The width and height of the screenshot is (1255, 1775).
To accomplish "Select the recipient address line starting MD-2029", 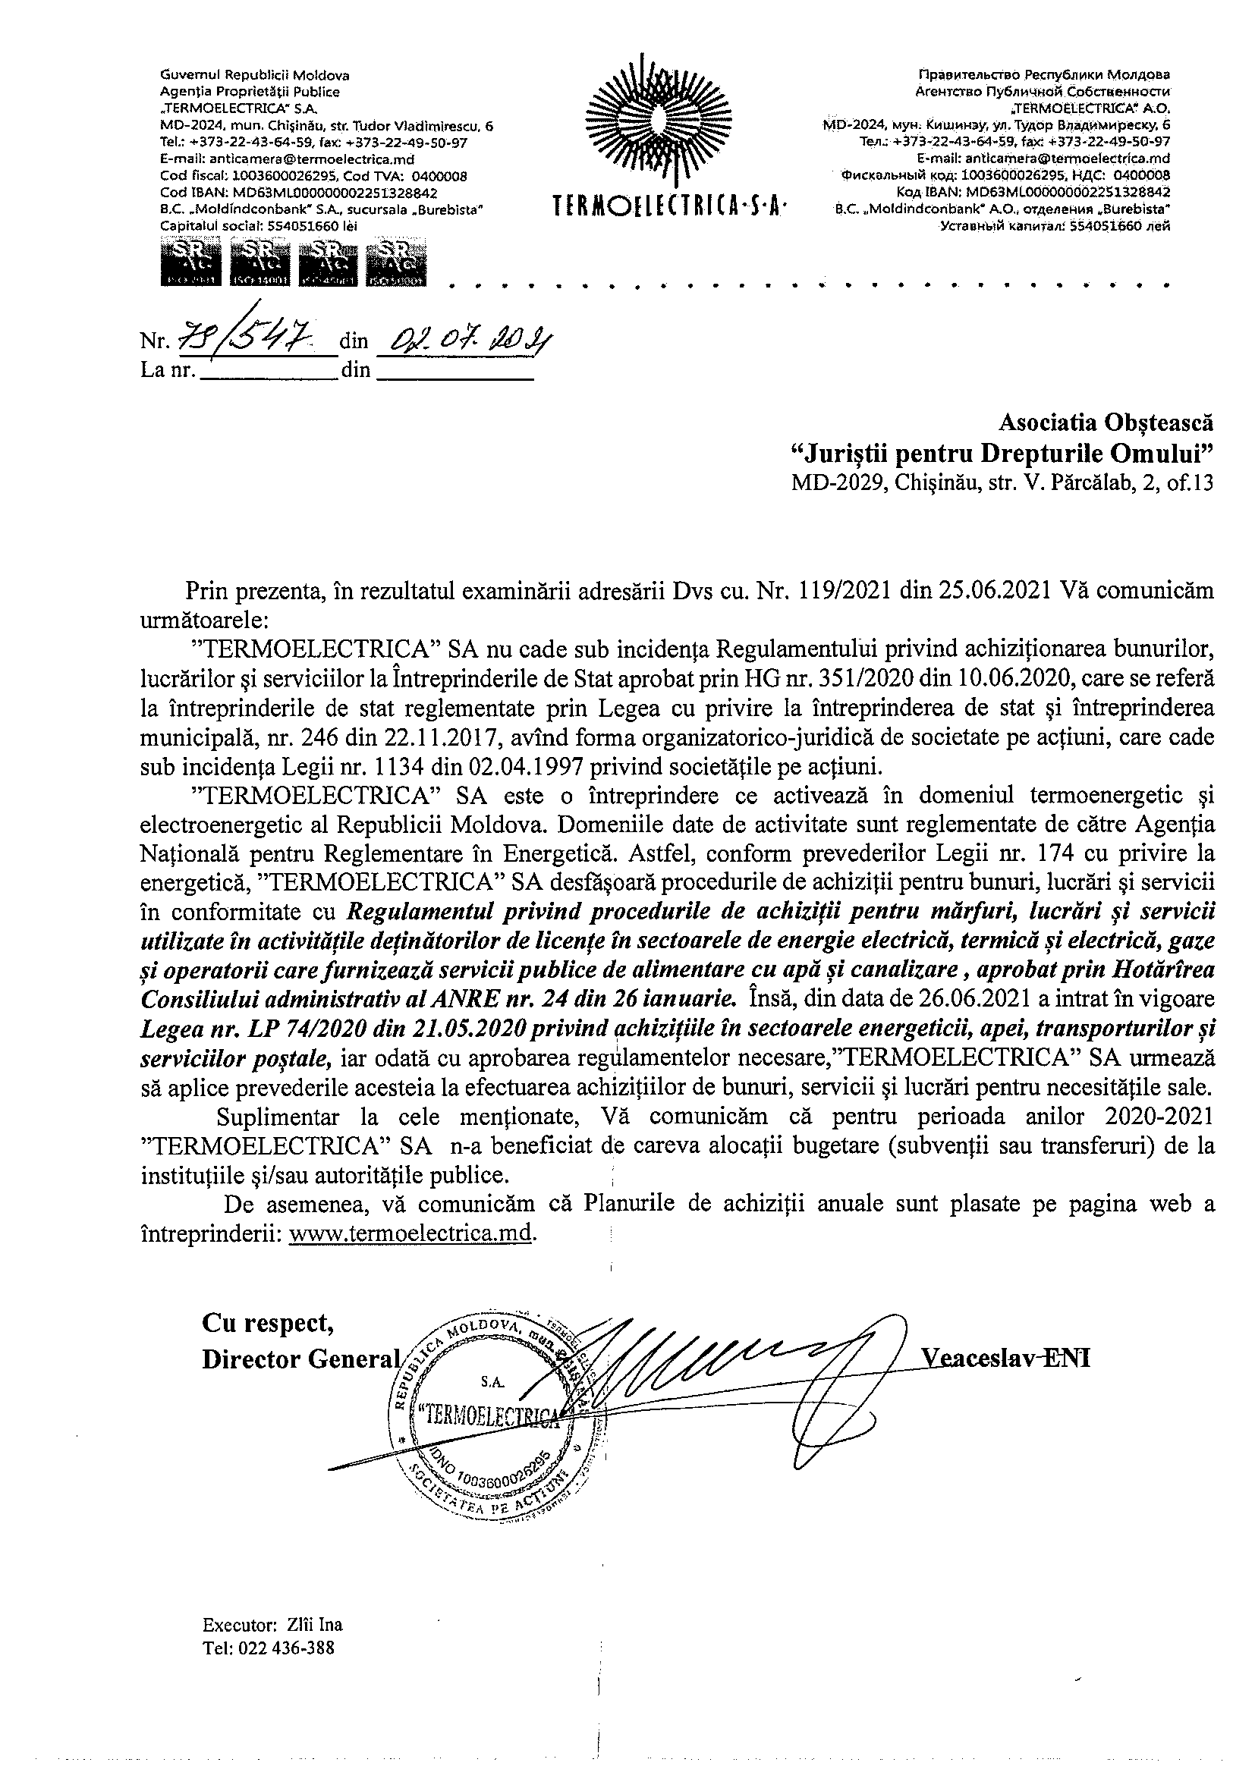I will click(x=1002, y=483).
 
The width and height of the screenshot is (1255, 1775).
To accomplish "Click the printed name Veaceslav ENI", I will click(x=1005, y=1359).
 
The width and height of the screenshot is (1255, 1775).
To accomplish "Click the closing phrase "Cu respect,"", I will click(x=269, y=1324).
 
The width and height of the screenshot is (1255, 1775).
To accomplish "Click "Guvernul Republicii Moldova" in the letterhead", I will click(x=254, y=75).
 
